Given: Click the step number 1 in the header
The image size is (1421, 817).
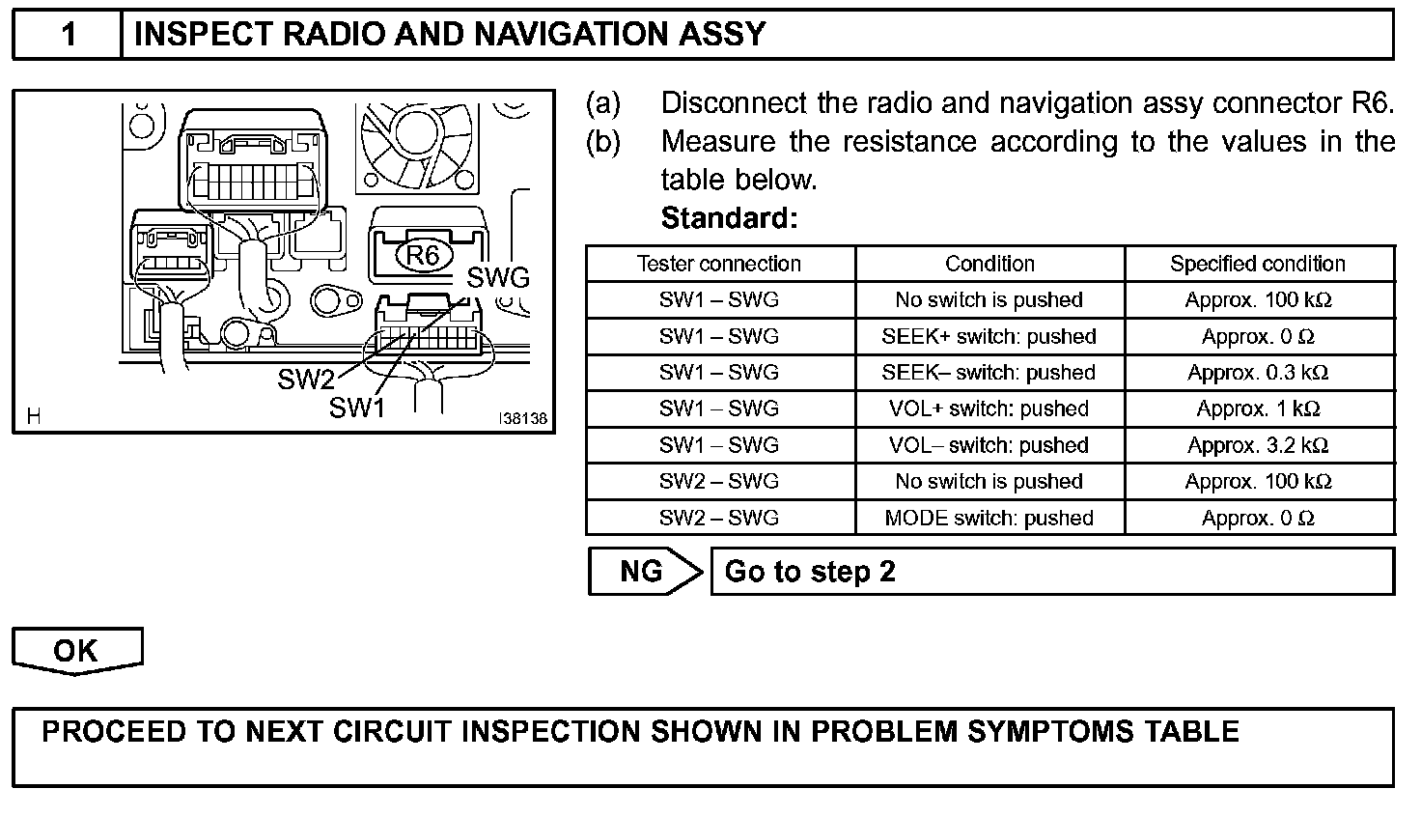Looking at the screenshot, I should [x=68, y=35].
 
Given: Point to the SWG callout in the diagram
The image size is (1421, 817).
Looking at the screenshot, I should [x=498, y=278].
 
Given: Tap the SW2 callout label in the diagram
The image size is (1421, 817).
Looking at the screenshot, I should [x=305, y=380].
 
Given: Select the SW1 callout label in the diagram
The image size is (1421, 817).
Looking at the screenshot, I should [x=357, y=408].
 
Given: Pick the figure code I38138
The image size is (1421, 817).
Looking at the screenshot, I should [x=522, y=419].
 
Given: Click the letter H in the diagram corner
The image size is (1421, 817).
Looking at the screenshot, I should [x=34, y=417].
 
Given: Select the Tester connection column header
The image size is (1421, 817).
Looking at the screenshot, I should [x=719, y=264].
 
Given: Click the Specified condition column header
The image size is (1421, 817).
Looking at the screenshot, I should [x=1258, y=264].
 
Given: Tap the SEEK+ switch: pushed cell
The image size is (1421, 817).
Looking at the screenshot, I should [x=989, y=337].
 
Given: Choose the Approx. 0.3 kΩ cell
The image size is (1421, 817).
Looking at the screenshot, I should [x=1258, y=373].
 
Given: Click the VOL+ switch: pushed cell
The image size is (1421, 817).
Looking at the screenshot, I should [x=989, y=409].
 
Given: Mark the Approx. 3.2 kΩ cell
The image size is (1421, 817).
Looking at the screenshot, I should [x=1258, y=445].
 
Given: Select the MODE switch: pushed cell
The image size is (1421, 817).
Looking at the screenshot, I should [x=989, y=519].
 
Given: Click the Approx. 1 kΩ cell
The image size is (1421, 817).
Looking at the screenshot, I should [x=1258, y=409].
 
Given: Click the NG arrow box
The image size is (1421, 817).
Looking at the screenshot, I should [x=645, y=572].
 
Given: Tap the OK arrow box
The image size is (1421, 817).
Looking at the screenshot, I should [x=76, y=651].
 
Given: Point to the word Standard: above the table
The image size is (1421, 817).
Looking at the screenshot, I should [x=729, y=218].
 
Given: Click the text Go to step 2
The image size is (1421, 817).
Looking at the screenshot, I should [x=810, y=572].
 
